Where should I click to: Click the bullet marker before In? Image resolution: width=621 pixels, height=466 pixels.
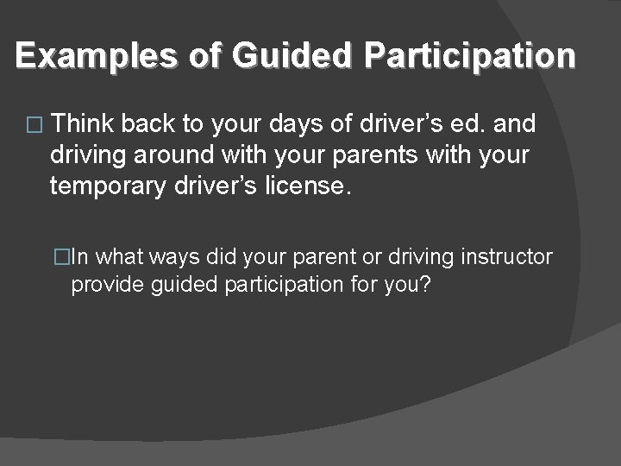pos(60,256)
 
